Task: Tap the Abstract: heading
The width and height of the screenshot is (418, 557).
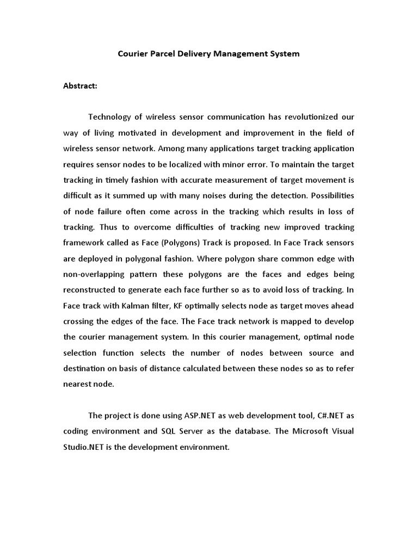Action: [80, 86]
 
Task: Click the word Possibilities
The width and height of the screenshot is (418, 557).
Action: [330, 196]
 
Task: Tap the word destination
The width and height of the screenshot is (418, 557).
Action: [85, 369]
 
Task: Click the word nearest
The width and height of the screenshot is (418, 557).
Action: [78, 385]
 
